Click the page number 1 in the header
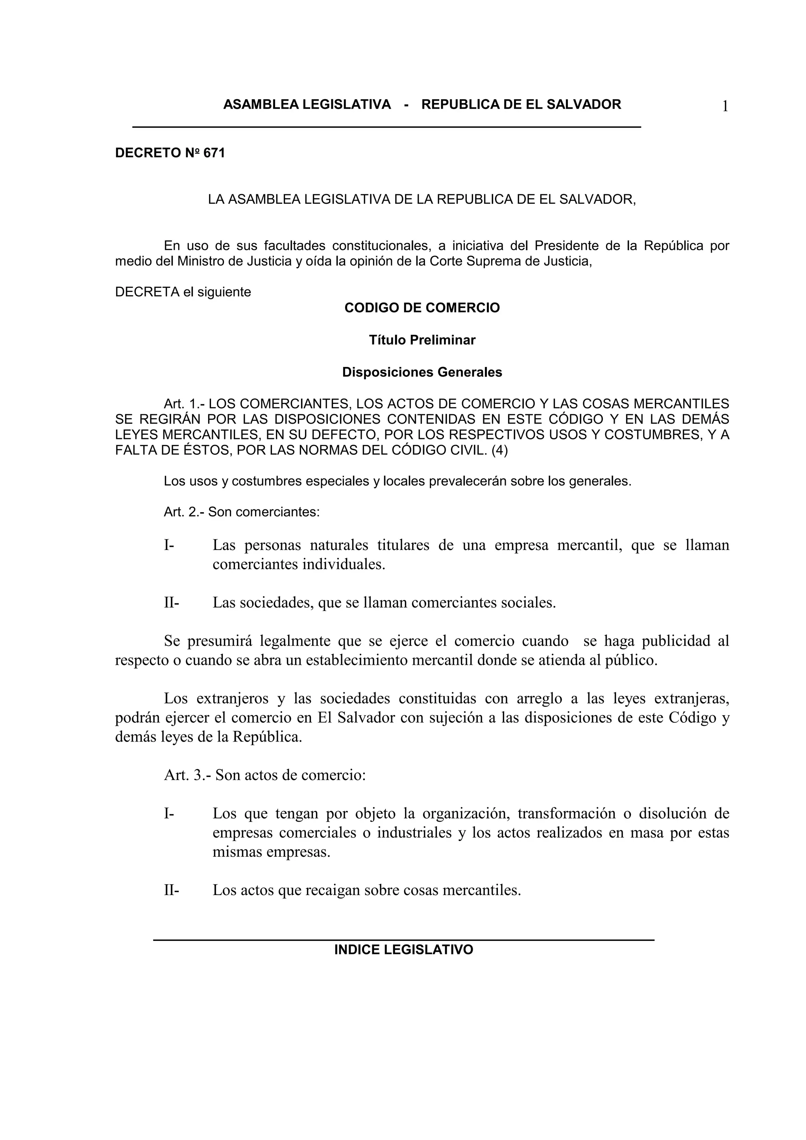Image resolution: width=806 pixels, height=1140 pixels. (x=725, y=107)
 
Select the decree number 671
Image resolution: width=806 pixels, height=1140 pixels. (x=214, y=153)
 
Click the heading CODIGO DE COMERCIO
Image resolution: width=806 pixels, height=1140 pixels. (x=422, y=308)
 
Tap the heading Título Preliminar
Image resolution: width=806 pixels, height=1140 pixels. (x=422, y=340)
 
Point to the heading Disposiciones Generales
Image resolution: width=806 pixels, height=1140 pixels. (x=422, y=373)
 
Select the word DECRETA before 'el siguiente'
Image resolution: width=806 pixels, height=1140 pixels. (x=147, y=292)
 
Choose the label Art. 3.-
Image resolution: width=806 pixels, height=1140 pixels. (x=187, y=775)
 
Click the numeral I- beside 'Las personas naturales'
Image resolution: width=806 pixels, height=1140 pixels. (x=169, y=545)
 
